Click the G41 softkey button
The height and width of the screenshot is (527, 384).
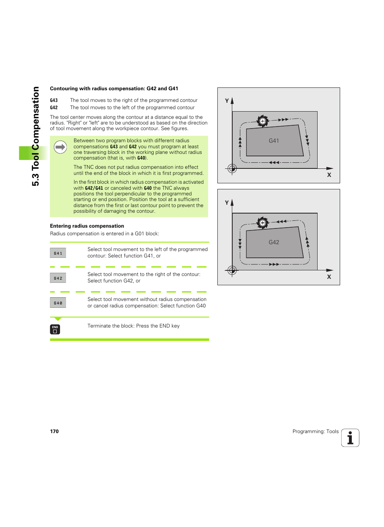(58, 253)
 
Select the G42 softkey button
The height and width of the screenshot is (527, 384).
(58, 278)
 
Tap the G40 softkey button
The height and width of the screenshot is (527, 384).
(58, 303)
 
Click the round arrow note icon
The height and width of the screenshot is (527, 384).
(60, 147)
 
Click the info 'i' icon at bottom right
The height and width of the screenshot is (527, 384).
(350, 438)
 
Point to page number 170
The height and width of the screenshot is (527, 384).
(54, 432)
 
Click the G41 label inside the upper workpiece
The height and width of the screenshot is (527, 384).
(274, 141)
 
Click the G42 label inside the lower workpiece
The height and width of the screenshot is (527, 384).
(274, 242)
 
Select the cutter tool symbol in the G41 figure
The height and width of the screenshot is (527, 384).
(262, 121)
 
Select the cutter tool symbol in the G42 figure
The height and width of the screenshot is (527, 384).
(262, 222)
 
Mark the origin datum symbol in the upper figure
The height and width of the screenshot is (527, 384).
(232, 168)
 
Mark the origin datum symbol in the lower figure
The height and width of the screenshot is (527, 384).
(232, 270)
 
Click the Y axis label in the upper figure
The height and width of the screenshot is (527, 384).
(227, 101)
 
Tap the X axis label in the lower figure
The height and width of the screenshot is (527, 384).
(329, 277)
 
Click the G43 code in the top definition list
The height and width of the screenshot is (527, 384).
(54, 100)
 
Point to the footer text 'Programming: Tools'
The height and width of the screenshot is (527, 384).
(315, 432)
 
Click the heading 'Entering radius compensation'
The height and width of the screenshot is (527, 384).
(87, 226)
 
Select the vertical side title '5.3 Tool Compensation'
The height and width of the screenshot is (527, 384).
(36, 136)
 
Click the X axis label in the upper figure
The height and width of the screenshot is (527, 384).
(329, 175)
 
